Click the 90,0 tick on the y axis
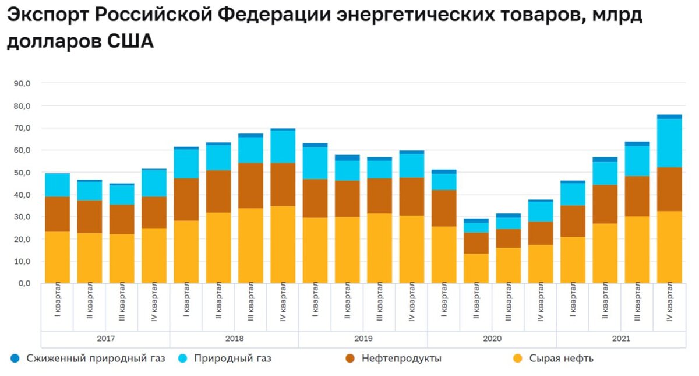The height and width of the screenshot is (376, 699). pos(22,83)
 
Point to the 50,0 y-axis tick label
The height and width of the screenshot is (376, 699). pos(22,173)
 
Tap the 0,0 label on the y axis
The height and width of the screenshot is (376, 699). pos(24,284)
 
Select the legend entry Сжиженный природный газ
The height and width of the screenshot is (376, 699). pos(96,359)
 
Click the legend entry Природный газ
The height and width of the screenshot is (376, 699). pos(232,359)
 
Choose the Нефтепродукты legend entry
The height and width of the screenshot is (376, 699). pos(401,359)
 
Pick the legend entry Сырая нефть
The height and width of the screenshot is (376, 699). pos(561,359)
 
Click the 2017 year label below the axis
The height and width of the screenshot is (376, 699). pos(105,339)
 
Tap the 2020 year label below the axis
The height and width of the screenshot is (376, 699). pos(492,339)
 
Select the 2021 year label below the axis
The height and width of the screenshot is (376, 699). pos(620,339)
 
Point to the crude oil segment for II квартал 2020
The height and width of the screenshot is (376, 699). pos(476,268)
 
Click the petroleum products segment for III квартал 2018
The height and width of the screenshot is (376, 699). pos(250,185)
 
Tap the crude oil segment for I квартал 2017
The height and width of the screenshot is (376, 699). pos(57,257)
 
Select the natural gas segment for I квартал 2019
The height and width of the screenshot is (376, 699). pos(315,163)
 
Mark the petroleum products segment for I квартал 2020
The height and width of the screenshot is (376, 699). pos(444,208)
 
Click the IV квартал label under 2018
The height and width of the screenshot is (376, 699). pos(283,302)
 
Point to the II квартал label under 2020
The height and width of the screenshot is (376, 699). pos(476,302)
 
